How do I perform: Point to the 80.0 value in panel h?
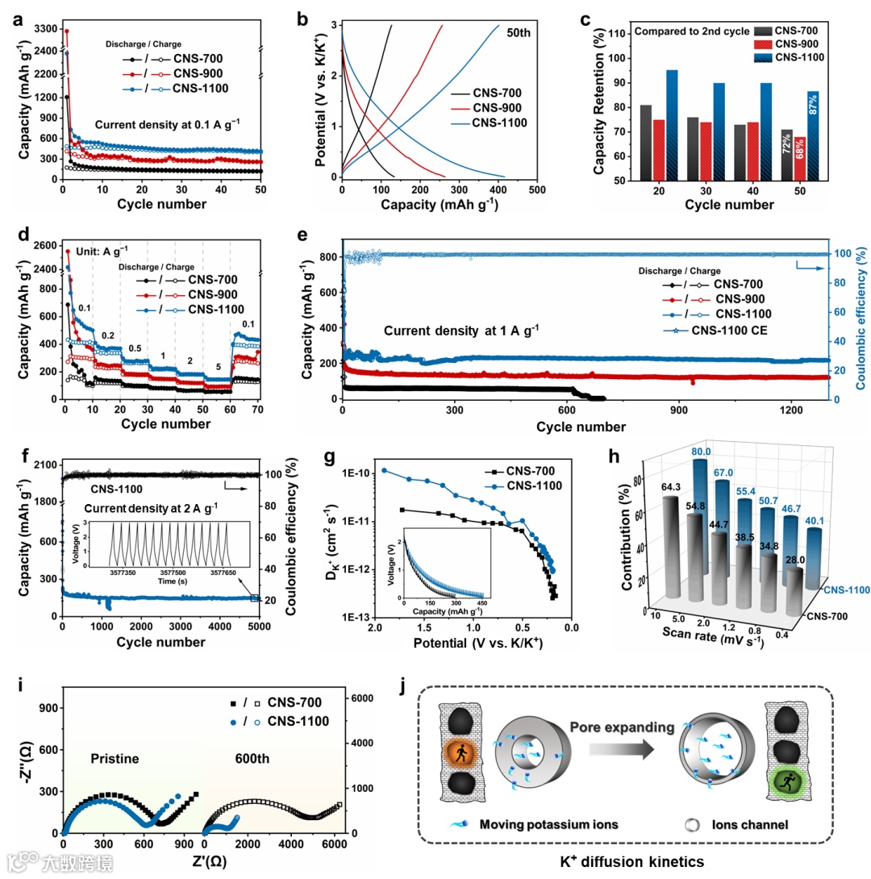(678, 452)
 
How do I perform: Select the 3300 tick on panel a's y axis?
(44, 30)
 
